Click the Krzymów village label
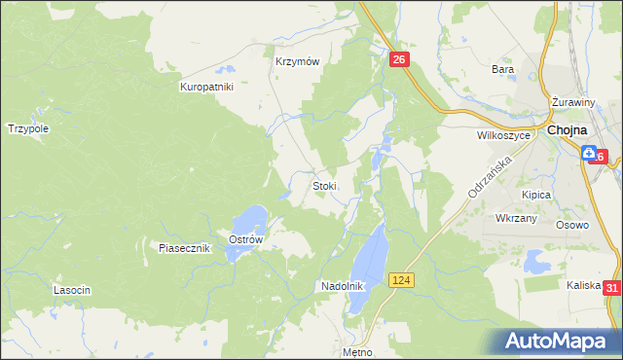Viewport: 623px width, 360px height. click(x=297, y=59)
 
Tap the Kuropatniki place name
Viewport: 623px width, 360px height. click(x=207, y=87)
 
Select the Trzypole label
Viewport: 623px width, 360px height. click(x=28, y=127)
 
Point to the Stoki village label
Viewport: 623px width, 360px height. click(x=324, y=185)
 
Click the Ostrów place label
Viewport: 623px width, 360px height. click(x=246, y=240)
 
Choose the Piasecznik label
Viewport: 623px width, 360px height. click(x=185, y=248)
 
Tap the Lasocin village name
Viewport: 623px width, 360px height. click(x=72, y=290)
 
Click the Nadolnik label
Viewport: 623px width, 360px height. click(x=342, y=286)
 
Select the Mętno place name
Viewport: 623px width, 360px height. click(x=357, y=351)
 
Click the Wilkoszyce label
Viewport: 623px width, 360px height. click(x=503, y=136)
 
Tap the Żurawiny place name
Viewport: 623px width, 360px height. click(x=572, y=102)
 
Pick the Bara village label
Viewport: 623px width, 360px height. click(x=502, y=69)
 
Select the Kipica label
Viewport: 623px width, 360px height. click(x=536, y=195)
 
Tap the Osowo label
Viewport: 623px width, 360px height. click(x=572, y=225)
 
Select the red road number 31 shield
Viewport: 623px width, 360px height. click(x=611, y=288)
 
